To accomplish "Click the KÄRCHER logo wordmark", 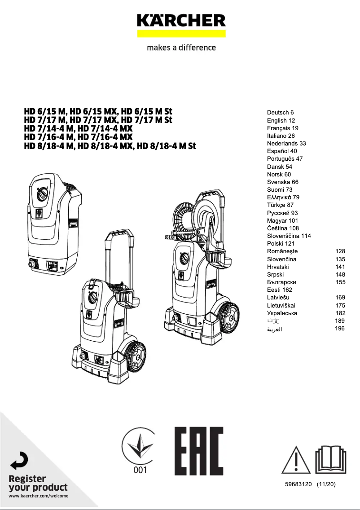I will click(181, 20).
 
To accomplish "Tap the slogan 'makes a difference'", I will click(181, 48).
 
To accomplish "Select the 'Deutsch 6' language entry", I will click(280, 113).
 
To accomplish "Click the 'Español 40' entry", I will click(282, 151).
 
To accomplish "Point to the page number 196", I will click(340, 329).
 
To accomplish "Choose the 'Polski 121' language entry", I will click(281, 244).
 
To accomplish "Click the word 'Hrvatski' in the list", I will click(278, 267).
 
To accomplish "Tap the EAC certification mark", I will click(199, 451).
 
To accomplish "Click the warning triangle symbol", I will click(296, 460).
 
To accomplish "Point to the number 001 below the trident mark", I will click(140, 470).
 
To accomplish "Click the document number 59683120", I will click(298, 484).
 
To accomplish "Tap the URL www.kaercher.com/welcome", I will click(39, 496).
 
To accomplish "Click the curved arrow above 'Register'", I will click(19, 461).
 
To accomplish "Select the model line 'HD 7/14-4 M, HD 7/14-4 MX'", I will click(78, 128).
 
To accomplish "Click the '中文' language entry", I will click(273, 321).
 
